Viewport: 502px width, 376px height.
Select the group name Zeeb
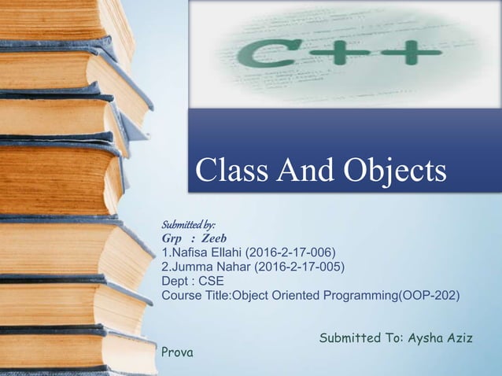coord(213,238)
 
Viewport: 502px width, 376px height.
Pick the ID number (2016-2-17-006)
coord(292,253)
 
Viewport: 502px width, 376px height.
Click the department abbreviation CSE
coord(212,281)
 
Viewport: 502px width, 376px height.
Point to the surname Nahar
coord(233,267)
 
